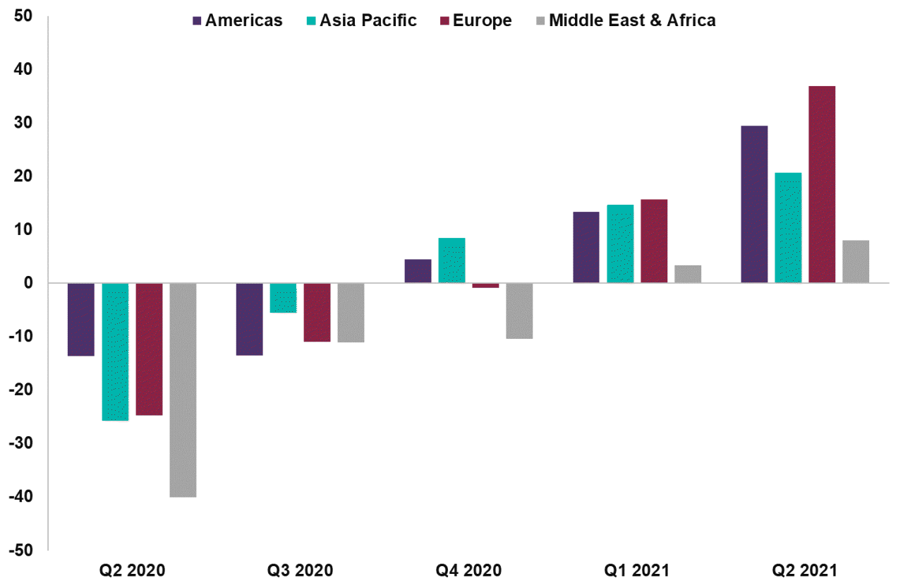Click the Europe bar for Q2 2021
[822, 184]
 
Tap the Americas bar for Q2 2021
[754, 204]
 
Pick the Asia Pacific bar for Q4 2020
[451, 260]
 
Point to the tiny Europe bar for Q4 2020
[485, 285]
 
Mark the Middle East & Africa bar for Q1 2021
[688, 274]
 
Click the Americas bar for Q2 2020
[81, 319]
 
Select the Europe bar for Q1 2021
[654, 241]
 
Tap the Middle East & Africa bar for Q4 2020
[519, 311]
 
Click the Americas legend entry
[236, 20]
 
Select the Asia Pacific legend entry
[360, 20]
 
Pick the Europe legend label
[483, 20]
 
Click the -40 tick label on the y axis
[22, 497]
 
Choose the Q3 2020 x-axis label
[300, 570]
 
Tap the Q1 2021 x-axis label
[637, 570]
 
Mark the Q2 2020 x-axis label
[131, 570]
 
